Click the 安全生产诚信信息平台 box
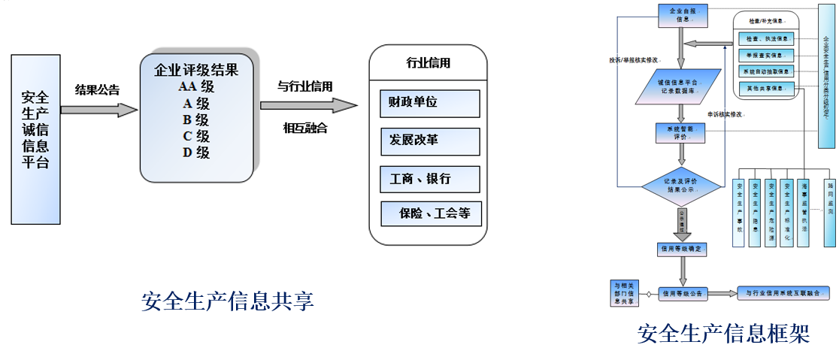(x=35, y=139)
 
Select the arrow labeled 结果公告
(x=98, y=110)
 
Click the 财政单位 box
(x=429, y=103)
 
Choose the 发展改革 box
(x=429, y=141)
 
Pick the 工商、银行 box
(x=429, y=179)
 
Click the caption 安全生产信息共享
(x=227, y=301)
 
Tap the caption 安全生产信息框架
(x=723, y=332)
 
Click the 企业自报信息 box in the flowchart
(x=683, y=15)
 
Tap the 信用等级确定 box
(x=682, y=247)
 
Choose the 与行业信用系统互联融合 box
(x=783, y=292)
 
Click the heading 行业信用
(x=428, y=63)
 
